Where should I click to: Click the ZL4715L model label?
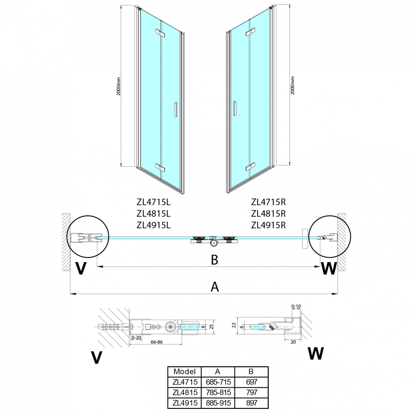coord(153,202)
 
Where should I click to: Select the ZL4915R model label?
coord(268,225)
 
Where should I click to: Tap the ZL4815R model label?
coord(268,214)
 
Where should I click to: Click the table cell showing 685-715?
coord(218,382)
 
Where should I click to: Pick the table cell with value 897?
coord(251,403)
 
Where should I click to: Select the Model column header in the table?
coord(185,372)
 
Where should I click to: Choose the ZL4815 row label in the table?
coord(185,392)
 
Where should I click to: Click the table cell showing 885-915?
coord(218,403)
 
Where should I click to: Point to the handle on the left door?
coord(175,109)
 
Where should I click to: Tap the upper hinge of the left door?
coord(160,33)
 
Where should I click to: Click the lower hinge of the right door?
coord(251,167)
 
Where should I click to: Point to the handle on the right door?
coord(234,108)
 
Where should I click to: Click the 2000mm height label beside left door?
coord(119,86)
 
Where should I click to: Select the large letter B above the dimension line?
coord(215,260)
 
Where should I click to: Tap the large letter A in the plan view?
coord(215,286)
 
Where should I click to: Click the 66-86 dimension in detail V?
coord(156,342)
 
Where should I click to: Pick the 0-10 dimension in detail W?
coord(296,306)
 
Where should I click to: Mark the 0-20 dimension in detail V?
coord(136,338)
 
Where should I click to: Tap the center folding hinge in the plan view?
coord(214,241)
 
